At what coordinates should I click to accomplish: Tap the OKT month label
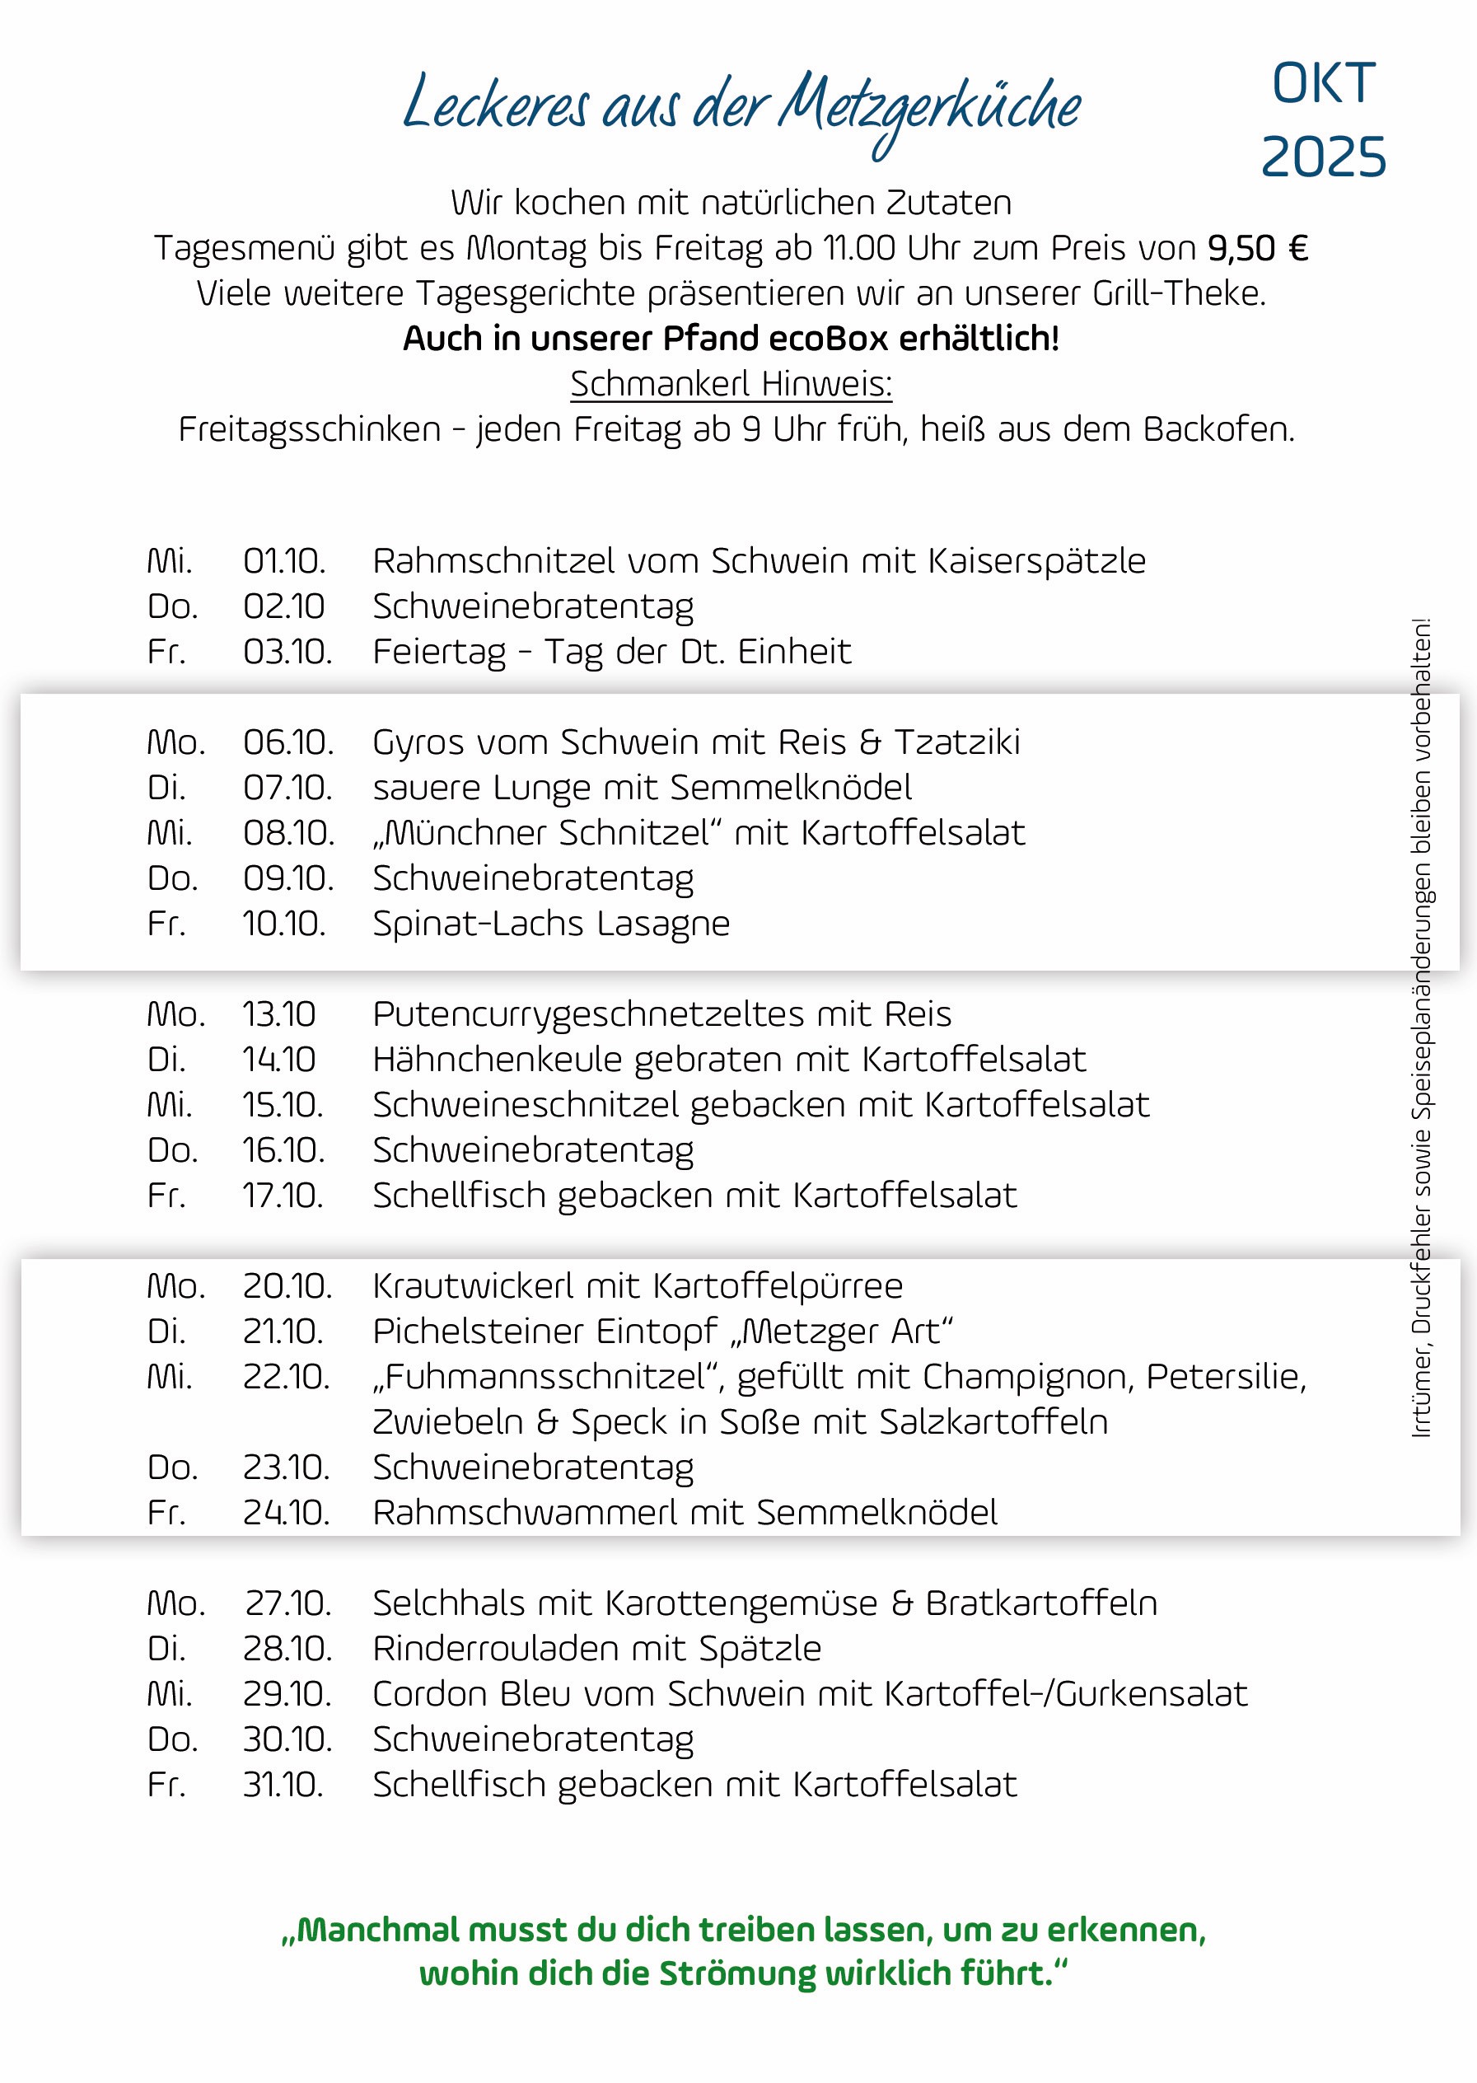pos(1323,85)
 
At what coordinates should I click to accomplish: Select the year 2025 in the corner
pos(1323,157)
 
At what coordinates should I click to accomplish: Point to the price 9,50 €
pos(1258,248)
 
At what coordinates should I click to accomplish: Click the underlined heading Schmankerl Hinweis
pos(731,384)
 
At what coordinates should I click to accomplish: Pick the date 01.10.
pos(283,561)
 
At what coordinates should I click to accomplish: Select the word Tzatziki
pos(956,742)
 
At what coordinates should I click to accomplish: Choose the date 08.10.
pos(287,833)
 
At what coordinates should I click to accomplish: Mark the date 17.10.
pos(283,1196)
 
